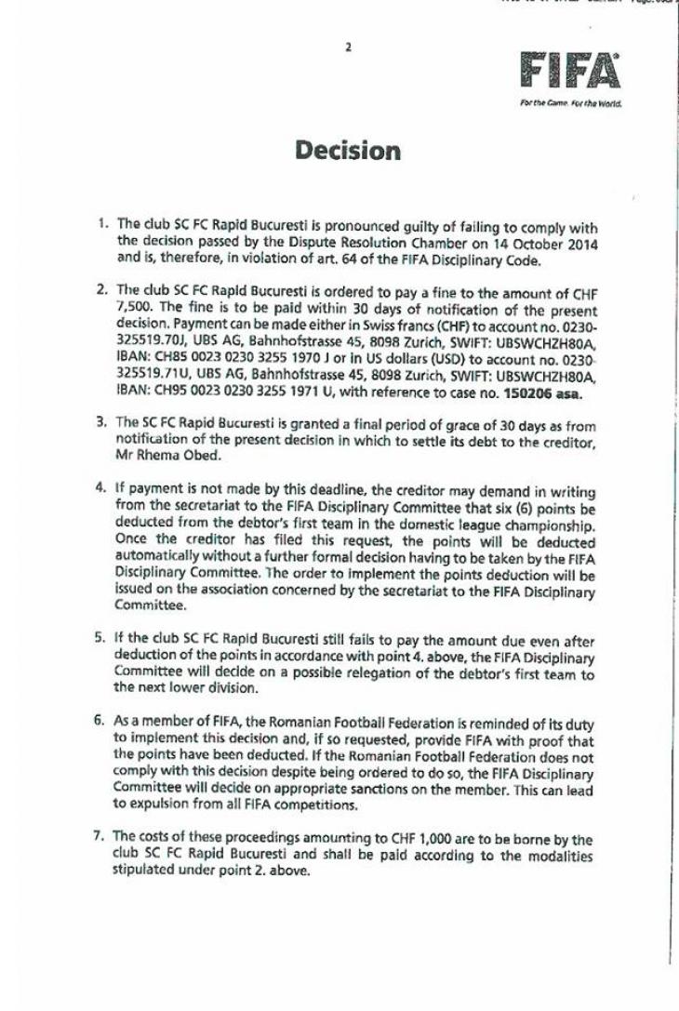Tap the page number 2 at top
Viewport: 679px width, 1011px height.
(348, 47)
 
